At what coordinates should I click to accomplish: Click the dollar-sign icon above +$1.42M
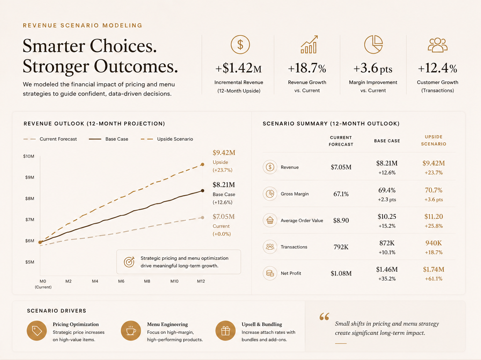[x=240, y=44]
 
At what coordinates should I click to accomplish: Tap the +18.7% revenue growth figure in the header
[x=307, y=68]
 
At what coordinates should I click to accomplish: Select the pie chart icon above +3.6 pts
[x=373, y=44]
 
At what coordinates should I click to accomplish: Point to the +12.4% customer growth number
[x=437, y=68]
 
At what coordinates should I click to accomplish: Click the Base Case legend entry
[x=108, y=139]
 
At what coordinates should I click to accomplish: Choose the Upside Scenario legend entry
[x=167, y=139]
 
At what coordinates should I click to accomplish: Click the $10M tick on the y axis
[x=29, y=156]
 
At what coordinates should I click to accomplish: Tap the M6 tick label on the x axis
[x=121, y=281]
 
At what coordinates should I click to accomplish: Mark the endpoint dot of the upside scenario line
[x=203, y=164]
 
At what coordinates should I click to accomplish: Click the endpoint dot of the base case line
[x=203, y=191]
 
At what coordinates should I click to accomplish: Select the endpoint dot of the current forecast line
[x=203, y=217]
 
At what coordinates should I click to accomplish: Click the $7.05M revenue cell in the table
[x=341, y=167]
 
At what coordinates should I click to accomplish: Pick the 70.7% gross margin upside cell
[x=434, y=190]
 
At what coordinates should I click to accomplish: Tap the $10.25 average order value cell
[x=387, y=217]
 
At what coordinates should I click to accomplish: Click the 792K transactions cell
[x=341, y=247]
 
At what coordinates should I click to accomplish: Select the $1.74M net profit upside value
[x=434, y=269]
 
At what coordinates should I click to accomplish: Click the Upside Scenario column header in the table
[x=434, y=140]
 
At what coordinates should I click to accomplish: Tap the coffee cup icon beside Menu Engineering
[x=131, y=331]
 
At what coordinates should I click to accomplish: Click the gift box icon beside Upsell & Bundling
[x=225, y=331]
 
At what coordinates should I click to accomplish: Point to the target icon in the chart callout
[x=129, y=262]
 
